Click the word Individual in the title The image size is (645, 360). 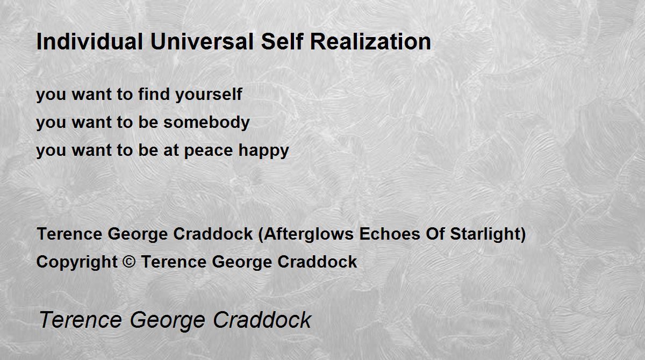tap(90, 41)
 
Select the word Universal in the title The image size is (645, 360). tap(202, 41)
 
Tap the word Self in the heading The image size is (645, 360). tap(282, 41)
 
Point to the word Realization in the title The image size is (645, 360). tap(370, 41)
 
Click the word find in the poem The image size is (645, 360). tap(154, 94)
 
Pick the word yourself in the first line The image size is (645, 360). tap(209, 95)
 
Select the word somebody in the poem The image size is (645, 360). tap(206, 123)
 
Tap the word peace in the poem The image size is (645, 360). tap(208, 151)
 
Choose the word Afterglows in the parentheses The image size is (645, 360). tap(309, 234)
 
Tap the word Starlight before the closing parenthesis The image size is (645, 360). tap(485, 234)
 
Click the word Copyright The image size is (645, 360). tap(77, 262)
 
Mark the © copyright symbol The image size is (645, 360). tap(128, 262)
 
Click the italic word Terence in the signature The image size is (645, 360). tap(81, 320)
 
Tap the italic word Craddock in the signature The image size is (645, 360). tap(262, 320)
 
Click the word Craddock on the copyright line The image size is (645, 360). tap(317, 262)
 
